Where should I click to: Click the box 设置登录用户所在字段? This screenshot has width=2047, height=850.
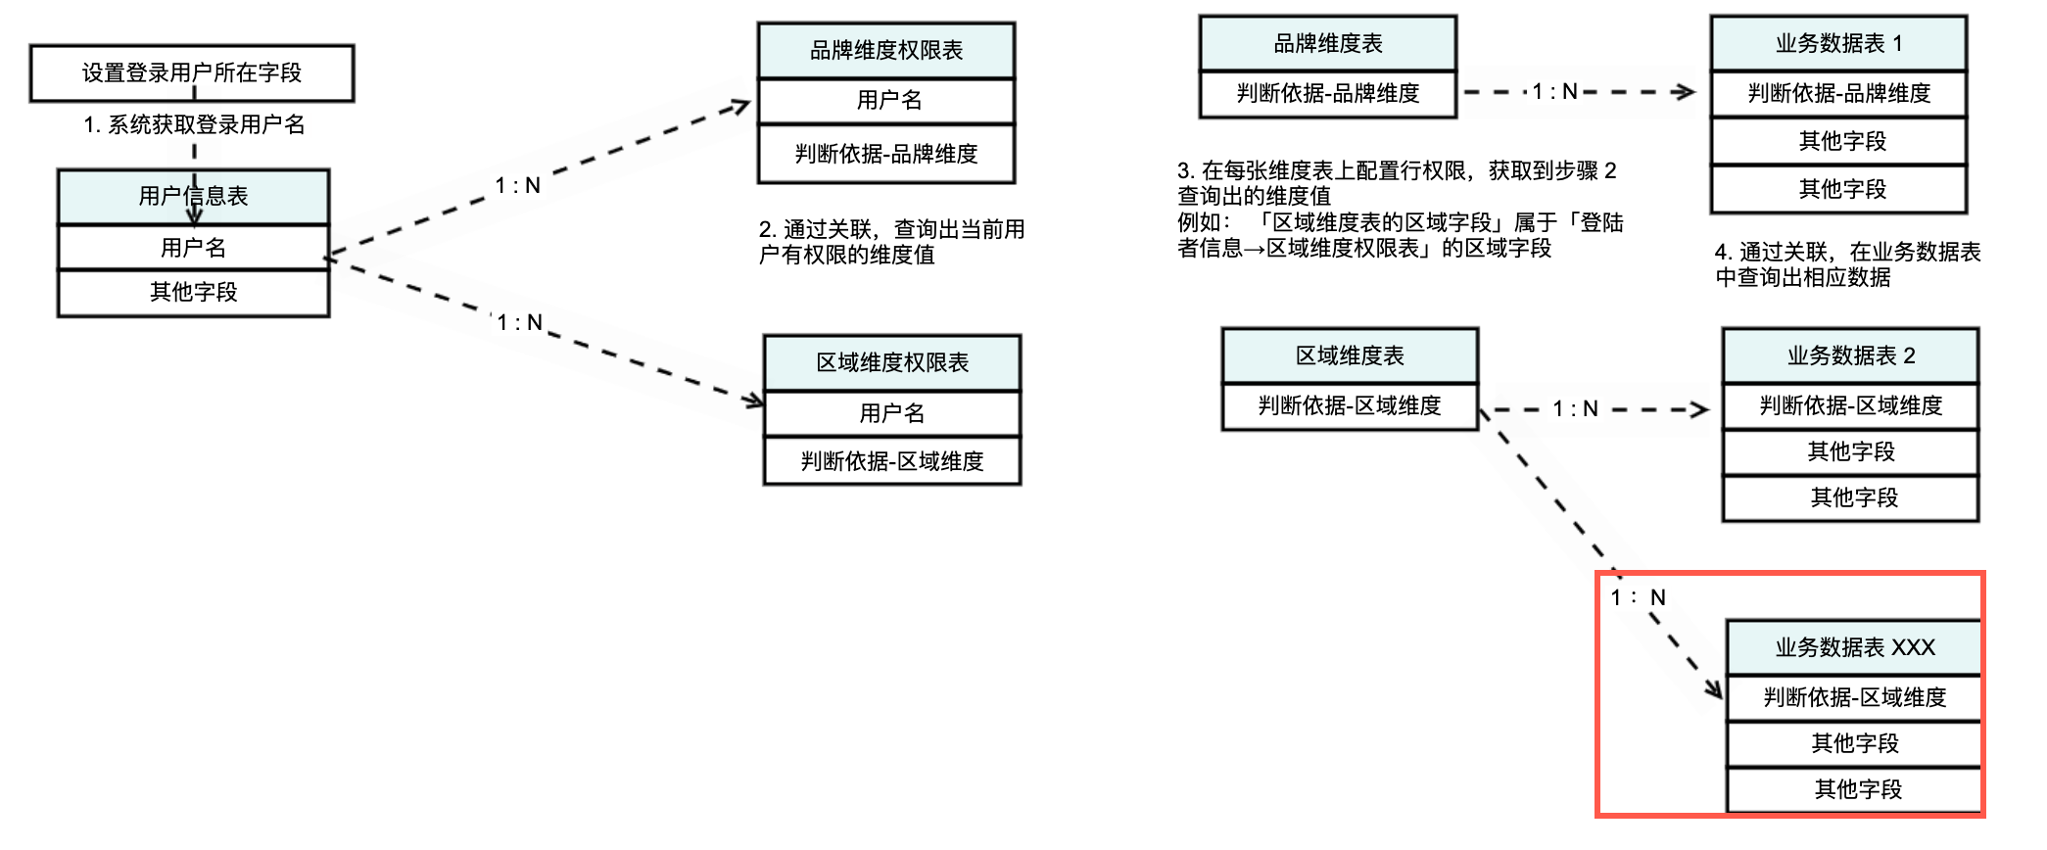pos(191,72)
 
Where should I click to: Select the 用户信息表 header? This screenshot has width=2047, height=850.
pos(193,196)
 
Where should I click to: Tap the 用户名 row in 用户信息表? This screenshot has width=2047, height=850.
pos(193,248)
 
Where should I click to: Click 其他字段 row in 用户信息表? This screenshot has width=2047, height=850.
pos(193,292)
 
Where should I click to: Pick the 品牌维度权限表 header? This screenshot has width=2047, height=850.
pos(886,51)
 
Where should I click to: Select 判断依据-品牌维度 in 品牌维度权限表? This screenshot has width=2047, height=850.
pos(886,154)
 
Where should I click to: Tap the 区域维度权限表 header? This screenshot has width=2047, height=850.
pos(892,363)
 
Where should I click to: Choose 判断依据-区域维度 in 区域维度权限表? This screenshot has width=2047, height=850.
pos(892,461)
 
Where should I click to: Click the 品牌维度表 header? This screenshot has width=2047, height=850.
pos(1327,44)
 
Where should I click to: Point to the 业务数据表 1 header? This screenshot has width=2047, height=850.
pos(1838,44)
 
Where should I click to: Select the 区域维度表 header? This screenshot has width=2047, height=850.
pos(1350,355)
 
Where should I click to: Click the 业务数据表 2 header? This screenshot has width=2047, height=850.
pos(1850,355)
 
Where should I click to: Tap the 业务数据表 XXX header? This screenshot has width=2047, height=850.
pos(1854,647)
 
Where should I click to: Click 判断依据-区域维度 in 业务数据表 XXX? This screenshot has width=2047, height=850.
pos(1854,697)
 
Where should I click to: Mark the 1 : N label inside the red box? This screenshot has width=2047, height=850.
pos(1638,597)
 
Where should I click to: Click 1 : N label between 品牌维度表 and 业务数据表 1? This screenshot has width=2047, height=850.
pos(1554,92)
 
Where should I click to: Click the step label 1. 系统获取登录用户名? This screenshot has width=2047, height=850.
pos(194,125)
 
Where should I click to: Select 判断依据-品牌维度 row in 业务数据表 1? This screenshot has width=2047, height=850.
pos(1838,94)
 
